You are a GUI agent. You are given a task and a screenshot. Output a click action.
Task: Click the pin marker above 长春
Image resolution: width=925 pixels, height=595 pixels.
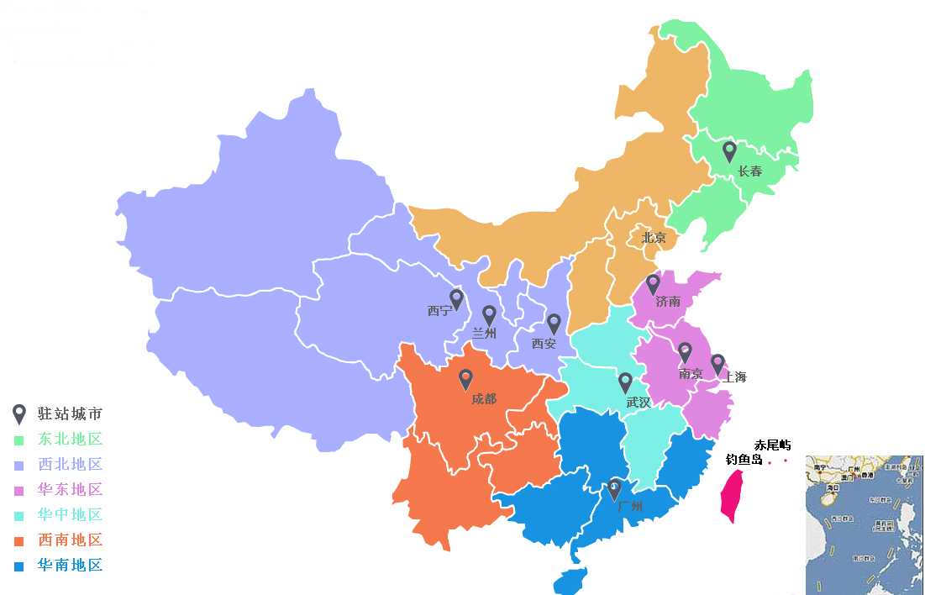click(x=729, y=151)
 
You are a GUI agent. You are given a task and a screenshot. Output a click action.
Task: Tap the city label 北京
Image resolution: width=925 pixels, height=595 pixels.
click(x=654, y=238)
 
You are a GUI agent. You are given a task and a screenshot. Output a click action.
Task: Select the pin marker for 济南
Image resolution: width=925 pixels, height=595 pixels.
click(x=653, y=284)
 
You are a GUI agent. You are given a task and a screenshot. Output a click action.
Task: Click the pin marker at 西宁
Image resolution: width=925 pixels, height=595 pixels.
click(x=456, y=298)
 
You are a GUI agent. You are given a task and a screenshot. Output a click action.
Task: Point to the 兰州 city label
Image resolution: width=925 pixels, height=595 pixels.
click(x=484, y=334)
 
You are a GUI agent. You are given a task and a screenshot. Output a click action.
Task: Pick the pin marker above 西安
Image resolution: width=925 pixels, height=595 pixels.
click(x=554, y=324)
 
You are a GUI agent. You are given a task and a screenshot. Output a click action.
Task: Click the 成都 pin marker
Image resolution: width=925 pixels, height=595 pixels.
click(x=465, y=380)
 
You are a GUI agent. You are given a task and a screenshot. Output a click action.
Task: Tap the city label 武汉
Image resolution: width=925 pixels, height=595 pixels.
click(x=639, y=403)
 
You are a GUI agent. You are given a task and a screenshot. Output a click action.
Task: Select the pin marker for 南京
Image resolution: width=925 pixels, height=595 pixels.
click(x=685, y=352)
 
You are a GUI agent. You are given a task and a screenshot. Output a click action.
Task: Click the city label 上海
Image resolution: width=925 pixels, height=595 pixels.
click(x=734, y=377)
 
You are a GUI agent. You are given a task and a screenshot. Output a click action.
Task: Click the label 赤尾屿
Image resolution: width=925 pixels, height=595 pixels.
click(x=772, y=445)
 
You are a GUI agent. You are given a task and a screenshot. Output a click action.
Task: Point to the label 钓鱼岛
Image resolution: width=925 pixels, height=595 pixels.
click(x=744, y=460)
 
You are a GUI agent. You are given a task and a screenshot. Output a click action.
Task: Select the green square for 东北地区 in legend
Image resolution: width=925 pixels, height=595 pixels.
click(x=18, y=440)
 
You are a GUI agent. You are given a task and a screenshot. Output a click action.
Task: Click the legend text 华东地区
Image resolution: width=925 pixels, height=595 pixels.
click(x=70, y=490)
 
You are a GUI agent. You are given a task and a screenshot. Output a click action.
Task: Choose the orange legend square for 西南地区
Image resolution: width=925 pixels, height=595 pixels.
click(x=18, y=540)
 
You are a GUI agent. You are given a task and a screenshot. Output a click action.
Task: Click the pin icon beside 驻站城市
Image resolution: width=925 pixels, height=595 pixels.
click(x=18, y=413)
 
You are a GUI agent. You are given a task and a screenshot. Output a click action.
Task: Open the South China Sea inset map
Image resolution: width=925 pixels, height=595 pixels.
click(x=864, y=525)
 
